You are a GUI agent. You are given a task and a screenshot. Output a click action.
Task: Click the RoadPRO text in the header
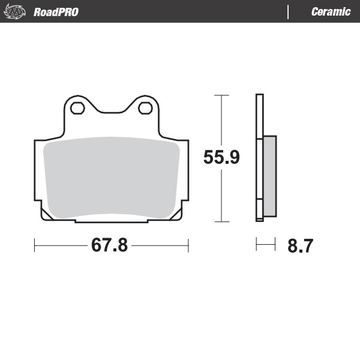click(x=56, y=12)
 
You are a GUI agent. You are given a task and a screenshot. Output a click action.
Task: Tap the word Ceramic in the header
click(x=331, y=12)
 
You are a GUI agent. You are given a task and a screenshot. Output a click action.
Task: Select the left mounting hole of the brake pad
click(x=77, y=108)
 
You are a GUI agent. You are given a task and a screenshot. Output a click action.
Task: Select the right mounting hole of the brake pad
click(x=145, y=108)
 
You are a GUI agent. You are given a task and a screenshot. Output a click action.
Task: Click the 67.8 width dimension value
click(x=109, y=245)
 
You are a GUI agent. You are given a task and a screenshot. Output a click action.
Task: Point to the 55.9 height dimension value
click(x=221, y=158)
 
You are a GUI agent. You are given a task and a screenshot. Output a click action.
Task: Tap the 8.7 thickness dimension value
click(x=300, y=246)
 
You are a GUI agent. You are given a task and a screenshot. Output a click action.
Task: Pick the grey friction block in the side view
click(x=270, y=176)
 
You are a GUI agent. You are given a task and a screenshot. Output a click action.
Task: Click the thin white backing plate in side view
click(x=259, y=156)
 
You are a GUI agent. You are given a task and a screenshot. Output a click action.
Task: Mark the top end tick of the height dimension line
click(x=221, y=95)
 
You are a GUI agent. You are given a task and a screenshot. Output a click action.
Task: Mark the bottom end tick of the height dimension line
click(x=221, y=222)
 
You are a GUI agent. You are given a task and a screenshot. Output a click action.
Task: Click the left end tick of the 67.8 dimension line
click(x=35, y=245)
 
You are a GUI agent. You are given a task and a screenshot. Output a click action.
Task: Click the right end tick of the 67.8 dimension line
click(x=188, y=245)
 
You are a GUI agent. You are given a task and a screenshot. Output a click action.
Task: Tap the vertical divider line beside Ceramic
click(x=289, y=12)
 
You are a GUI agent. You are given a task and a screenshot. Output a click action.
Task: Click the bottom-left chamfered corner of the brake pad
click(x=44, y=215)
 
